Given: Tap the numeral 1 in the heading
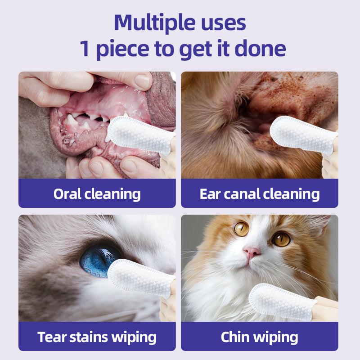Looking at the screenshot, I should click(85, 49).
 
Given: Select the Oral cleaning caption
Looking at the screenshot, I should click(97, 194).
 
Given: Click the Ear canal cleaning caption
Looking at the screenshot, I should click(260, 194).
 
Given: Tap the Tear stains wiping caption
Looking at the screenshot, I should click(97, 337).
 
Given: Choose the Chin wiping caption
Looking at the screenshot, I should click(260, 337).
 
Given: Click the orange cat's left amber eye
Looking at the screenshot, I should click(242, 229).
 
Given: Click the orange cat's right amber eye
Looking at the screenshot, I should click(282, 239).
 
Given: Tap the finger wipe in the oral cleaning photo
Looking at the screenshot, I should click(139, 134).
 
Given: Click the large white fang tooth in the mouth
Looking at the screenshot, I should click(71, 120).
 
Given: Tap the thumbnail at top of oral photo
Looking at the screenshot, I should click(143, 81).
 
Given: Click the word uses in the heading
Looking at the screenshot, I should click(220, 22).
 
